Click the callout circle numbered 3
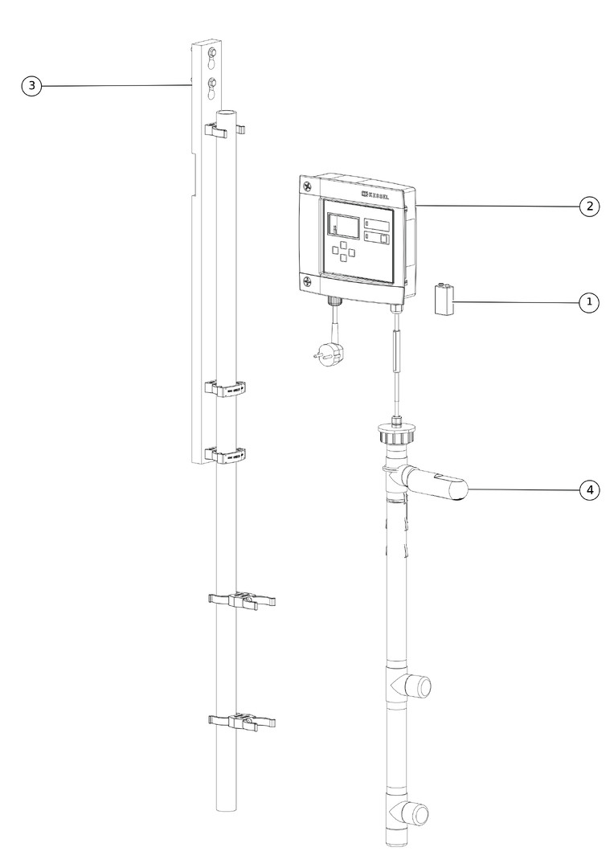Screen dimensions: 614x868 pos(31,86)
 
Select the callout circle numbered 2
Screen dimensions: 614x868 pos(590,207)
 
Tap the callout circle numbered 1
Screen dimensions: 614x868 pos(589,302)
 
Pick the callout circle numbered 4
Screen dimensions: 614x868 pos(590,490)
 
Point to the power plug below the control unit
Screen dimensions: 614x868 pos(329,353)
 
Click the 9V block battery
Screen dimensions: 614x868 pos(444,300)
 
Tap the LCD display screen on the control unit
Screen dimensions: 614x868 pos(342,226)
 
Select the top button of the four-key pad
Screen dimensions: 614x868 pos(344,244)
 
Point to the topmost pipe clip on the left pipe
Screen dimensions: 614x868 pos(225,131)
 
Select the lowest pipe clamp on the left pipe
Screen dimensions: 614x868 pos(242,722)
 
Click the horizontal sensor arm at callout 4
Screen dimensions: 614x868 pos(435,483)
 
